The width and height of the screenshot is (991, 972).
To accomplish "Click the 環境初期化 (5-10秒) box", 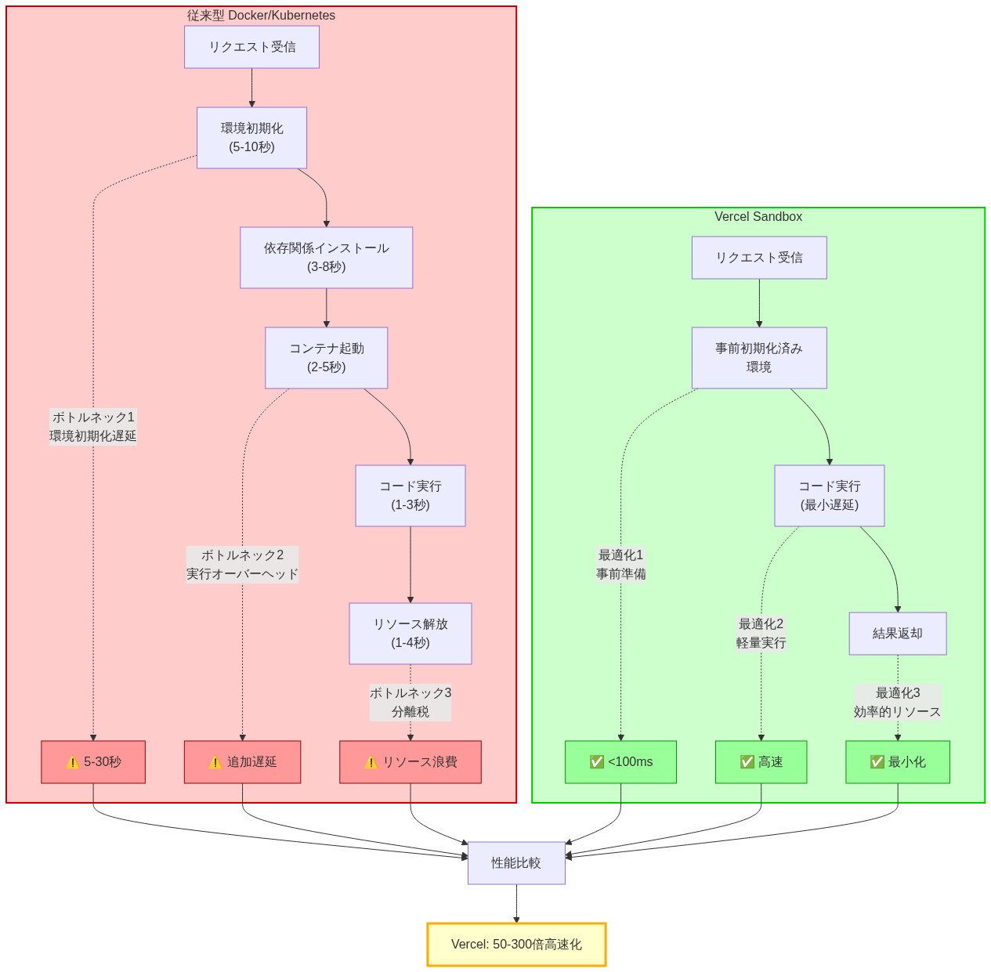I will (x=251, y=138).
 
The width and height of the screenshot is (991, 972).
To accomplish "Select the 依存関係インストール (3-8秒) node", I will (x=326, y=258).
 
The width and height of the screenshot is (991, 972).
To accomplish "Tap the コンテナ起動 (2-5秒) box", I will (x=326, y=358).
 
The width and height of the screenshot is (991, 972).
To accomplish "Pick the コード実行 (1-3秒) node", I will (x=410, y=496).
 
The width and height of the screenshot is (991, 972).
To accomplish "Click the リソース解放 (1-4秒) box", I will (x=410, y=634).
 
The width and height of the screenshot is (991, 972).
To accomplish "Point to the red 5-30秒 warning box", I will (x=93, y=762).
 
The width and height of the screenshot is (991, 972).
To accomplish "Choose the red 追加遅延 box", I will (x=242, y=762).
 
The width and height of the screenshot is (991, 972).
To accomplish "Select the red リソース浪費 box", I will (x=410, y=762).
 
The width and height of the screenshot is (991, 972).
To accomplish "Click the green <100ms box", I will (x=620, y=762).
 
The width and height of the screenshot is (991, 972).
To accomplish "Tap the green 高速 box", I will (x=761, y=762).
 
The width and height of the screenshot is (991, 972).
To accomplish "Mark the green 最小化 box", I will (x=898, y=762).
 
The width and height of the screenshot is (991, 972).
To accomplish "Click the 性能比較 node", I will (x=516, y=863).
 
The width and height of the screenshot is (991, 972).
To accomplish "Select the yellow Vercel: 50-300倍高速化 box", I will (x=516, y=945).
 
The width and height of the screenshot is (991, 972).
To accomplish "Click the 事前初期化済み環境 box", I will (x=759, y=358).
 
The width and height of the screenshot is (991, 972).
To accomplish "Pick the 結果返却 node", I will (x=898, y=634).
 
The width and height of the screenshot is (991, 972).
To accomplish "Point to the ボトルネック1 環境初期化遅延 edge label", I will (x=93, y=427).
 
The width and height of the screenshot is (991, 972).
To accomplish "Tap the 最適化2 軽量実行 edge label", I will (x=761, y=634).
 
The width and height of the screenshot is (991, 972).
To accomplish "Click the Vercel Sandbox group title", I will (x=758, y=217).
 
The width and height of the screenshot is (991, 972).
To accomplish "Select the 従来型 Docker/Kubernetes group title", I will (x=261, y=16).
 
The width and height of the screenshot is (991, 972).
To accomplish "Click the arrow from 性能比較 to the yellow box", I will (x=516, y=904).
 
